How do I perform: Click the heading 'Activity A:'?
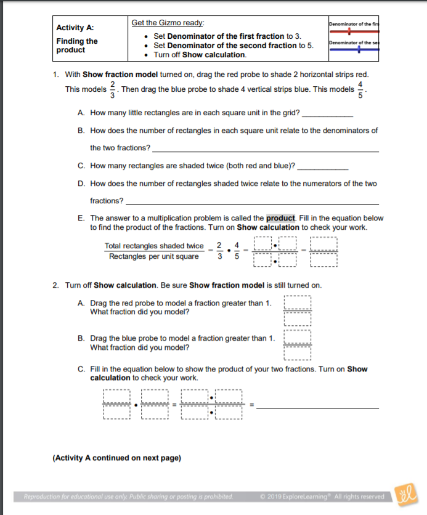click(75, 28)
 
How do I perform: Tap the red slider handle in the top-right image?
click(350, 30)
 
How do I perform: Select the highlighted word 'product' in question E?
click(281, 218)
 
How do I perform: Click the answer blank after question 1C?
click(322, 168)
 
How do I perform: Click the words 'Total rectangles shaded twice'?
click(154, 246)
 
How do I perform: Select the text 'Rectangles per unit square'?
click(154, 256)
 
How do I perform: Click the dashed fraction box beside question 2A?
click(298, 311)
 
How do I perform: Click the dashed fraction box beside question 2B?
click(298, 347)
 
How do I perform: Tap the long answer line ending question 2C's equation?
click(317, 407)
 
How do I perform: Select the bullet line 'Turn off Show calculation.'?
click(200, 55)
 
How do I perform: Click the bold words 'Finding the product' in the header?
click(77, 45)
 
